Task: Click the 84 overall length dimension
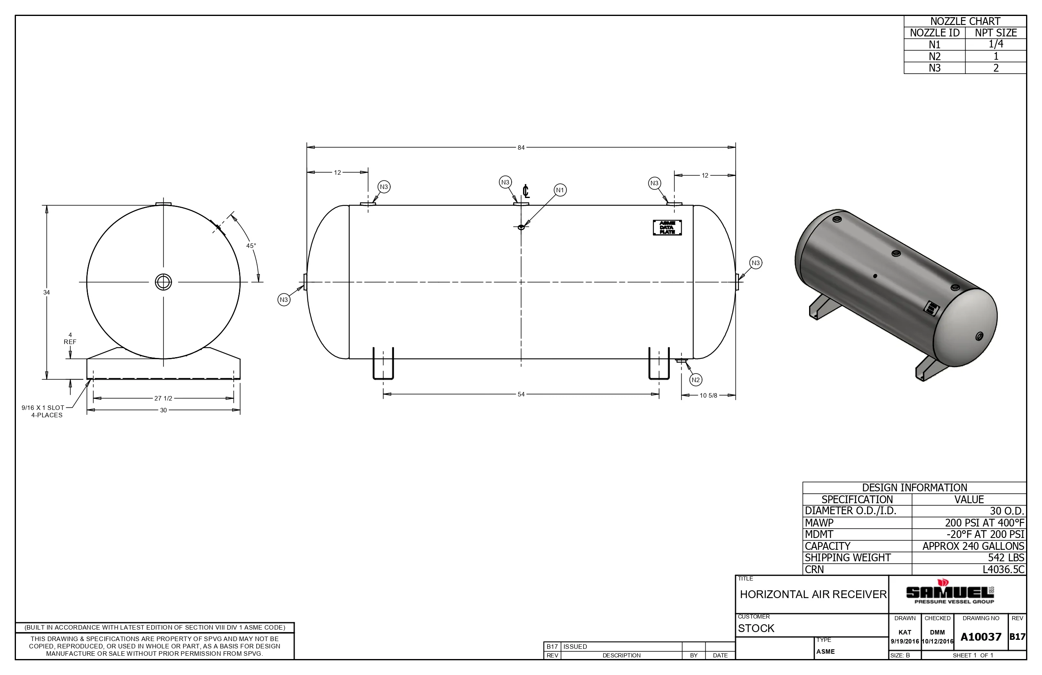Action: click(521, 148)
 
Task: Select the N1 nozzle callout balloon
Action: click(560, 190)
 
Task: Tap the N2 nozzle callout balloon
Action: click(695, 380)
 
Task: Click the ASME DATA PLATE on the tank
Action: click(667, 227)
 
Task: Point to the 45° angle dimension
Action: click(251, 246)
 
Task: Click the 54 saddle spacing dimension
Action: click(521, 394)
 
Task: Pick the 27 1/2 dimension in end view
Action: click(163, 398)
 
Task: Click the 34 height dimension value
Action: click(47, 292)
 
